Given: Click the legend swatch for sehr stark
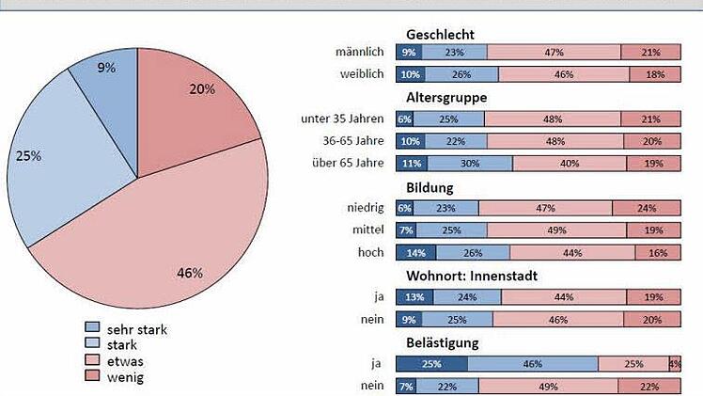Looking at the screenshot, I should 91,328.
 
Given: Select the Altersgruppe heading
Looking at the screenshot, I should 446,97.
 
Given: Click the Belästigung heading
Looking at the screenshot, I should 443,342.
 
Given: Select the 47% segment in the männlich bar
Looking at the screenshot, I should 554,53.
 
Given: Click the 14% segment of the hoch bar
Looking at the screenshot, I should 415,252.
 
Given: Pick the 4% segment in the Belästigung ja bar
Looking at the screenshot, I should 674,363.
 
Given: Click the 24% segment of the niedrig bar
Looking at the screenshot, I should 646,208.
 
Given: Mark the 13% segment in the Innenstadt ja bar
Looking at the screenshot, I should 415,297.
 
